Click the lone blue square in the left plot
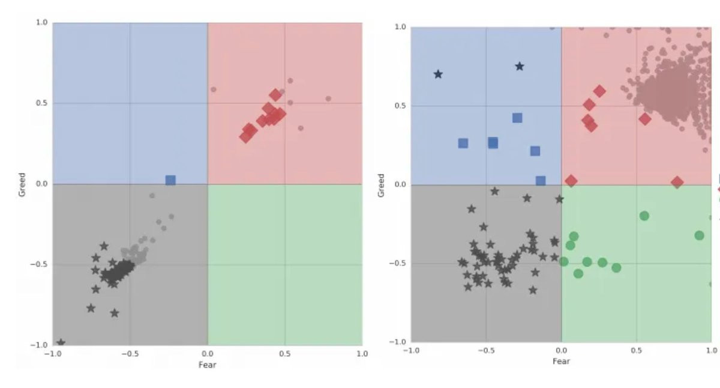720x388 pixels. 170,180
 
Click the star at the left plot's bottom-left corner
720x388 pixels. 61,343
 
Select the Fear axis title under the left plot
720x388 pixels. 207,365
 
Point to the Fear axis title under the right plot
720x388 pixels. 561,361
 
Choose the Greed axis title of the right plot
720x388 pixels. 381,185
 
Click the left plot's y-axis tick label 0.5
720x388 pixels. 42,103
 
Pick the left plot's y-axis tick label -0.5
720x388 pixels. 40,265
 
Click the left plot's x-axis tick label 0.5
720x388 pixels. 284,354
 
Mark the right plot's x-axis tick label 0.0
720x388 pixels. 562,350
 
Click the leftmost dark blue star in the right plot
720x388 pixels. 438,74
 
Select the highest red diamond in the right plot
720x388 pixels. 599,91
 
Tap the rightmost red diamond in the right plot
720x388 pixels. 677,183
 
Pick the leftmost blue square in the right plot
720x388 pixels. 463,143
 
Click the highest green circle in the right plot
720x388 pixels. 644,216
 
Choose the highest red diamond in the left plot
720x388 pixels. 275,95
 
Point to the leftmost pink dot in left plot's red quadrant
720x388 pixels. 213,89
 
